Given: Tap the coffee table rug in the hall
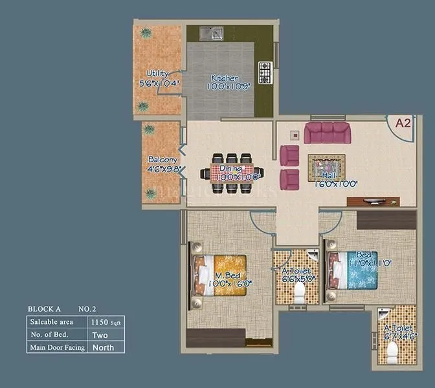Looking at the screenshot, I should (x=327, y=167).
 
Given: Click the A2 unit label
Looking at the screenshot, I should (x=403, y=124).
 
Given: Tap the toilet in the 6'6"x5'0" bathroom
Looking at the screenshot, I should (x=299, y=295).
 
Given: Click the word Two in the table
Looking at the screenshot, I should (x=100, y=334).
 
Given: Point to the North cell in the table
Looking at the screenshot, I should (x=104, y=347).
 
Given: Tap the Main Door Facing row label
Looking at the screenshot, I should (x=57, y=347).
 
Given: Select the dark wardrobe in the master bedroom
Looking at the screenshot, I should (x=216, y=338).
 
